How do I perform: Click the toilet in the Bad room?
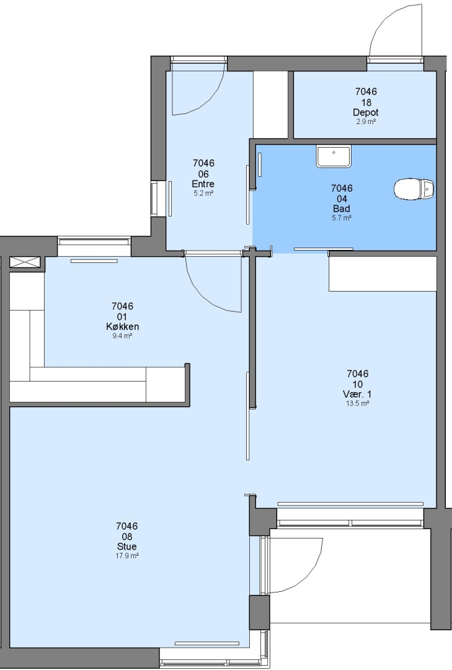[x=414, y=189]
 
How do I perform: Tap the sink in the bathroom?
[x=333, y=156]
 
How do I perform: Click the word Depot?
[x=366, y=112]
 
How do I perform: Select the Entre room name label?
[x=203, y=184]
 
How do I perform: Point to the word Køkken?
[x=122, y=327]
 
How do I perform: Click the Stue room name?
[x=127, y=547]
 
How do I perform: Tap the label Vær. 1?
[x=357, y=394]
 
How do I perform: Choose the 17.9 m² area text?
[x=127, y=556]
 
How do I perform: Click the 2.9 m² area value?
[x=366, y=122]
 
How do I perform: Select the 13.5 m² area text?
[x=357, y=403]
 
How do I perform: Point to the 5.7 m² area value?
[x=342, y=218]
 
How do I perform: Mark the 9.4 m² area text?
[x=122, y=336]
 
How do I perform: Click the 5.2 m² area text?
[x=203, y=193]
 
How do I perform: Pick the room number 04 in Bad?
[x=342, y=199]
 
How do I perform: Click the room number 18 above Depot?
[x=366, y=102]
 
